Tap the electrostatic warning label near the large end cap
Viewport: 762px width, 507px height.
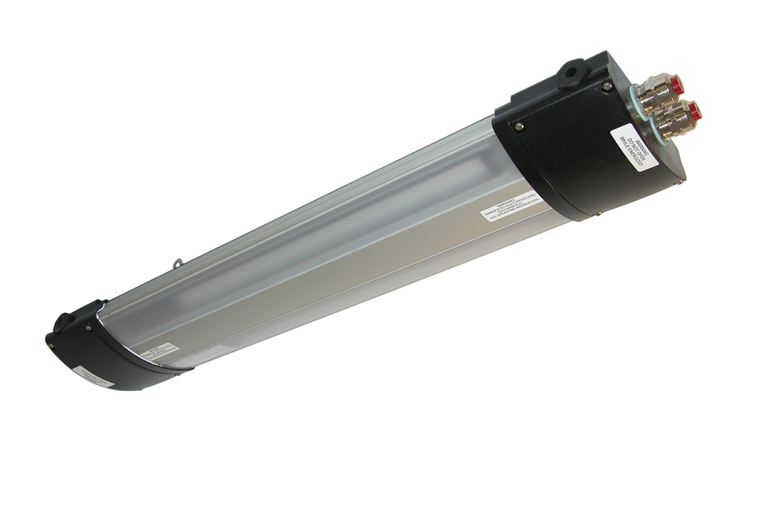click(x=514, y=209)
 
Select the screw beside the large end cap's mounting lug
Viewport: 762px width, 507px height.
click(x=607, y=87)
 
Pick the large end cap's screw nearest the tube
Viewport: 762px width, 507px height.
click(x=519, y=126)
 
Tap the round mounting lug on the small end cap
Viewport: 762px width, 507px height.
click(x=63, y=323)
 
